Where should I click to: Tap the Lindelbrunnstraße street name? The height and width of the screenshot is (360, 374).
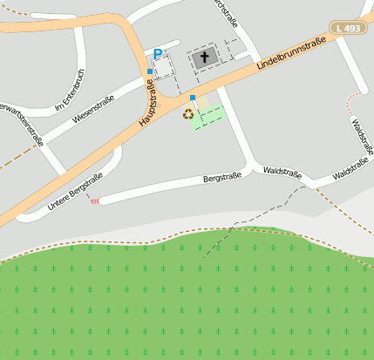click(296, 53)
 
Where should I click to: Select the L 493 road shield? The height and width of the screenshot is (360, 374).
click(349, 29)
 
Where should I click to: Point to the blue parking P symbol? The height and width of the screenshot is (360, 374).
click(157, 54)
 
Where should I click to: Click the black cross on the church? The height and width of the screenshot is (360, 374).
click(206, 58)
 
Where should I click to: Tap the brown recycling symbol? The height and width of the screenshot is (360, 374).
click(187, 113)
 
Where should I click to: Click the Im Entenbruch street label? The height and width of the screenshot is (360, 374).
click(70, 92)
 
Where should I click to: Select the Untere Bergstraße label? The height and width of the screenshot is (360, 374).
click(75, 192)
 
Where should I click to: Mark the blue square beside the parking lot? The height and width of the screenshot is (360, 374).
click(150, 71)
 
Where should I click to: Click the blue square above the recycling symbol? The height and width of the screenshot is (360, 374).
click(192, 98)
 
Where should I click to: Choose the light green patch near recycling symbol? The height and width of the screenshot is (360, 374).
click(210, 117)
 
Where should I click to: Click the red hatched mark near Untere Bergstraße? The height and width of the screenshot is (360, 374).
click(95, 201)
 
